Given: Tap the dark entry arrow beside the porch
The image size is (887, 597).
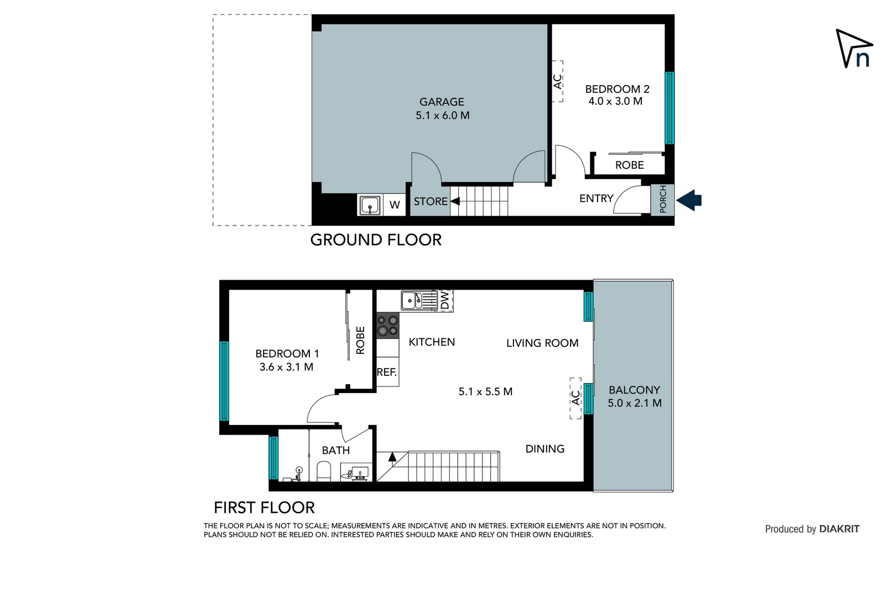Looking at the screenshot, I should [689, 200].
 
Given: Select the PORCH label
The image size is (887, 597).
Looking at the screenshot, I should [663, 200].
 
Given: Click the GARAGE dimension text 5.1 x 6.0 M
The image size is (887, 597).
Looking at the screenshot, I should [442, 116].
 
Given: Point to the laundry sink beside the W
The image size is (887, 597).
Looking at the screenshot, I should [370, 205].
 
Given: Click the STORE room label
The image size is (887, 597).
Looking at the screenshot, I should [430, 202].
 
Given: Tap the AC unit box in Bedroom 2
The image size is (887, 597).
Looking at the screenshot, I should [558, 81].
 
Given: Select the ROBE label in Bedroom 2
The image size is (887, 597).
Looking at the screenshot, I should [629, 165].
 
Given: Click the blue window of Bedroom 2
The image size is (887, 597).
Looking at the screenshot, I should [670, 108].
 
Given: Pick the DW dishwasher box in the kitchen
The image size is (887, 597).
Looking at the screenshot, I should [445, 301].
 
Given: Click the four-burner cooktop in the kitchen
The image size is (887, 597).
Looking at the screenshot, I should [387, 325].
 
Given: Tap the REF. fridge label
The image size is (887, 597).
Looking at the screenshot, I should [387, 373].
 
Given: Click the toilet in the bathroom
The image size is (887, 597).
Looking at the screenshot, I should [323, 472].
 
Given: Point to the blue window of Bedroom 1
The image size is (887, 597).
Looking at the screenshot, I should [224, 381].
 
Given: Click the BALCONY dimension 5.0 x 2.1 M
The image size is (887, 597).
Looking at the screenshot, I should [634, 404].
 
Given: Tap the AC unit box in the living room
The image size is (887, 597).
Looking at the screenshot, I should [575, 398].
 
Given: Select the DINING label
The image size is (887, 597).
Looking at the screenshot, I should [544, 449].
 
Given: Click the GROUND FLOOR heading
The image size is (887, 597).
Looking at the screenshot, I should [376, 240].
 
